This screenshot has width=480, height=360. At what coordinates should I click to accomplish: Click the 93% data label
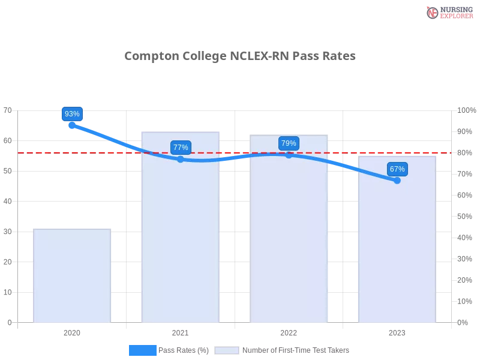tap(72, 114)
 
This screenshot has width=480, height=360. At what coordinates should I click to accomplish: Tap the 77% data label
tap(181, 148)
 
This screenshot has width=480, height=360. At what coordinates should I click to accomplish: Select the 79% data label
tap(289, 143)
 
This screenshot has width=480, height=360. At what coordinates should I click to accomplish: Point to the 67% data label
tap(397, 169)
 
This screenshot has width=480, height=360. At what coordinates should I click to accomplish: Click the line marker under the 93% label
tap(72, 125)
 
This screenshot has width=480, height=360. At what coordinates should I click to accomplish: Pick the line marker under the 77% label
tap(181, 159)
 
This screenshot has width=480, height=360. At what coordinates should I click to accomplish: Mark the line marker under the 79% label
tap(289, 155)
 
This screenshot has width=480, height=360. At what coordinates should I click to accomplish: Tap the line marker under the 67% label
tap(397, 180)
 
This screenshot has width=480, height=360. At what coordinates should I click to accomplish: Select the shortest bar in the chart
tap(72, 276)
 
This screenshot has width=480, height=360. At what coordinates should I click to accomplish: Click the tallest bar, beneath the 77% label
tap(180, 240)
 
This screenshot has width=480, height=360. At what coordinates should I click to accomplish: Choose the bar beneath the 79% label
tap(290, 240)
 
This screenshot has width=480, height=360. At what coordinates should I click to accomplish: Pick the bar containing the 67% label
tap(396, 252)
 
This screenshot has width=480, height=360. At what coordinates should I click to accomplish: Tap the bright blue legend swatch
tap(142, 350)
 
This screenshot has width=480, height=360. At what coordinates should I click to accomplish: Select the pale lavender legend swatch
tap(227, 350)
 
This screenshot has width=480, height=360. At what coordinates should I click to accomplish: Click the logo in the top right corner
tap(448, 12)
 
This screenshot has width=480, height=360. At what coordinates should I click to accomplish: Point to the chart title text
tap(242, 56)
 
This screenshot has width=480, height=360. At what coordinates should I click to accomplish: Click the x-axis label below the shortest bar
tap(72, 331)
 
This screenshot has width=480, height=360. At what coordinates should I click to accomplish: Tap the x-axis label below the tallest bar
tap(180, 331)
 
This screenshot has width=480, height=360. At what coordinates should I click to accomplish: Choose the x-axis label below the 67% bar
tap(397, 331)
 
